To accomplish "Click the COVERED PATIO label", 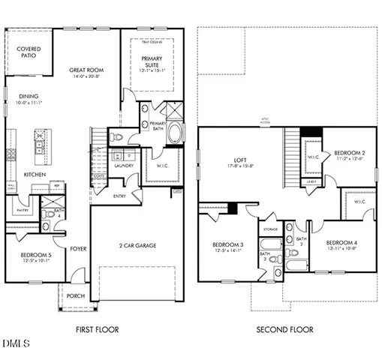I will coord(30,52).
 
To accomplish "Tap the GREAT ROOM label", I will coord(86,70).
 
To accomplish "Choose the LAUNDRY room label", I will coord(123,165).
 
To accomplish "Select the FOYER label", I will coord(78,248).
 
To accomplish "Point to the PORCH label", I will coord(76,295).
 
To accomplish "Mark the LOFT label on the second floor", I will coord(240,160).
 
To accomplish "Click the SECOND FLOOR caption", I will coord(285,329).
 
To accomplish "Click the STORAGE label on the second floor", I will coord(270,229).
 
